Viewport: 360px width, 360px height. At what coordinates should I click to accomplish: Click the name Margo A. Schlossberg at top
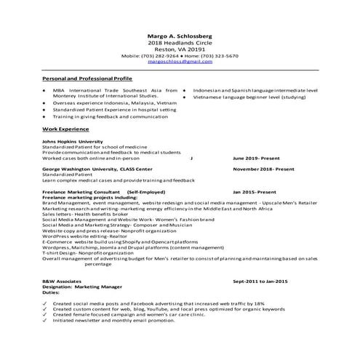[180, 36]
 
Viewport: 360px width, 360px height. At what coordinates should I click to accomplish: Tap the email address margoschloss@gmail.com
[180, 62]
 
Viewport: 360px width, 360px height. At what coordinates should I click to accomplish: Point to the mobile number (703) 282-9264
[159, 56]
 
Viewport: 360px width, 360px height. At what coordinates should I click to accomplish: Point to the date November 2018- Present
[263, 169]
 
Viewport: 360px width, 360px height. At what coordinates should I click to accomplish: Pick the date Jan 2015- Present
[255, 192]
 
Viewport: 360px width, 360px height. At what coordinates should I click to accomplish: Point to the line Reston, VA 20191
[180, 49]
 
